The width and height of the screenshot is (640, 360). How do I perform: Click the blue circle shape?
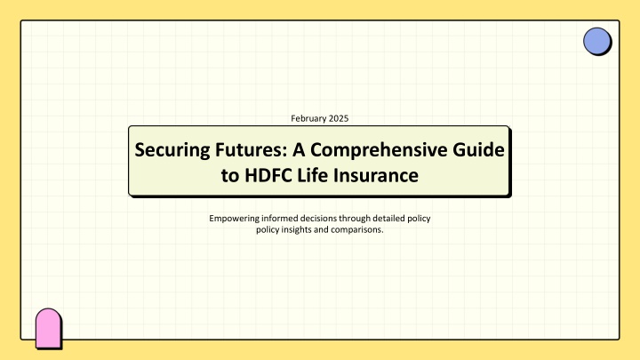pyautogui.click(x=596, y=41)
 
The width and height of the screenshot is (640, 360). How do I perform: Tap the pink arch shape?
pyautogui.click(x=48, y=328)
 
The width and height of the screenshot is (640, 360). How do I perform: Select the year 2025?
pyautogui.click(x=339, y=118)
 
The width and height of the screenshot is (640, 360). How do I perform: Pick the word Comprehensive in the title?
pyautogui.click(x=379, y=150)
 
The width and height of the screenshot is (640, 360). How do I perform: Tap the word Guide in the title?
pyautogui.click(x=478, y=149)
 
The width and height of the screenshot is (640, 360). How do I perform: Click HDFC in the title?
pyautogui.click(x=268, y=175)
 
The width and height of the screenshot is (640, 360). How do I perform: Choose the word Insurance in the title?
pyautogui.click(x=375, y=175)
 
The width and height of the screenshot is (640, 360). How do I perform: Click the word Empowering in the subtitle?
pyautogui.click(x=235, y=219)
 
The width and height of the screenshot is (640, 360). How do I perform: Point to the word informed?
pyautogui.click(x=280, y=218)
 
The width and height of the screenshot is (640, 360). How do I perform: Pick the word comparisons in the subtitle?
pyautogui.click(x=357, y=230)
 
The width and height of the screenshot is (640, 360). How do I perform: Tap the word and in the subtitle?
pyautogui.click(x=321, y=229)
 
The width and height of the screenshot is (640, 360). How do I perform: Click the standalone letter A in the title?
pyautogui.click(x=299, y=149)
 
